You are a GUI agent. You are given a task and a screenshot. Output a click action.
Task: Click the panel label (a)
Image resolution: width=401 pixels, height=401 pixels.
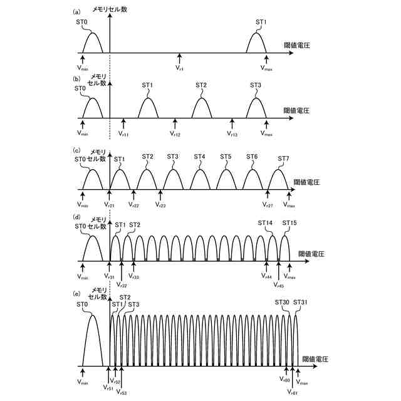click(x=76, y=12)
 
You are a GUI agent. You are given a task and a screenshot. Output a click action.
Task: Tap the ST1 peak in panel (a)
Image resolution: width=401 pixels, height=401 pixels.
click(x=256, y=43)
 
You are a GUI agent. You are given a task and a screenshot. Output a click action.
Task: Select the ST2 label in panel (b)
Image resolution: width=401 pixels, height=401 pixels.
click(x=200, y=85)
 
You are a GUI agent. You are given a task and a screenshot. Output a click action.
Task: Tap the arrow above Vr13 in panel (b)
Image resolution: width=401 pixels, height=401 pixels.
click(x=232, y=123)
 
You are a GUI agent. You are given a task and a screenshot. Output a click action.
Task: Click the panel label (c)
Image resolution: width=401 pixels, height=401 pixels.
click(x=76, y=150)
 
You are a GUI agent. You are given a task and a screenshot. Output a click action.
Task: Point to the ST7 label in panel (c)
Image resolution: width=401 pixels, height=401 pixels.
click(x=283, y=159)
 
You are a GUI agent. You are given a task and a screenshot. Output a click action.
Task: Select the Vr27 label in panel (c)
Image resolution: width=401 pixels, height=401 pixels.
click(x=268, y=204)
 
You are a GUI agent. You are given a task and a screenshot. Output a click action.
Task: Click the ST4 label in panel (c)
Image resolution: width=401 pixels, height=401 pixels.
click(x=199, y=157)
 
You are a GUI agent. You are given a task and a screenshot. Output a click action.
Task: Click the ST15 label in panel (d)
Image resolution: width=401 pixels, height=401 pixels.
click(x=289, y=223)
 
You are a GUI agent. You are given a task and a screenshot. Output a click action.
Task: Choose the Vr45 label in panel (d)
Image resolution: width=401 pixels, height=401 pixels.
click(x=279, y=284)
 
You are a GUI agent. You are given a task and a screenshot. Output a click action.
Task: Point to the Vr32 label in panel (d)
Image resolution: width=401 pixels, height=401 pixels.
click(x=122, y=284)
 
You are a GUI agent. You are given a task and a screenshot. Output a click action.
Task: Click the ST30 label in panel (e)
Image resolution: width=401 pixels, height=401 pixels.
click(x=282, y=302)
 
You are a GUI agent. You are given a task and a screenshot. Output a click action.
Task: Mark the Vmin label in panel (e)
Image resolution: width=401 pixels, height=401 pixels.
click(x=83, y=382)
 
